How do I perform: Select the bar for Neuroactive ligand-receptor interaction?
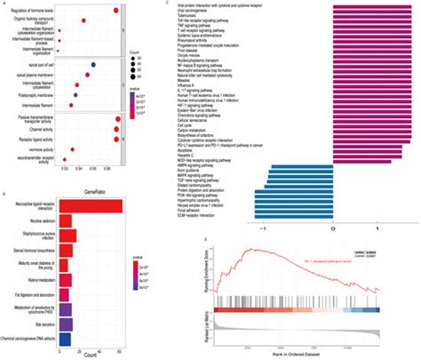tap(90, 206)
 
